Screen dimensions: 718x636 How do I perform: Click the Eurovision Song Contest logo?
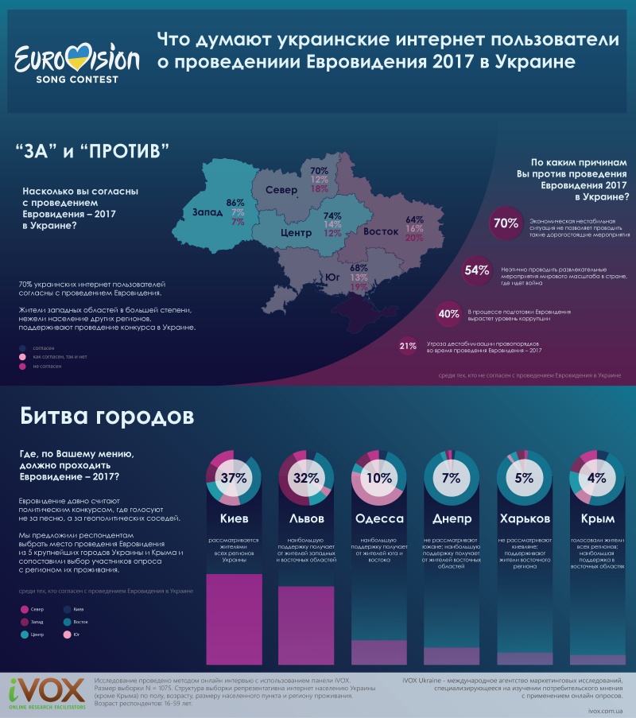tap(77, 62)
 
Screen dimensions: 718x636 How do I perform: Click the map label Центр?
tap(295, 233)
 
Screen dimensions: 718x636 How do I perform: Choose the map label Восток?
tap(381, 232)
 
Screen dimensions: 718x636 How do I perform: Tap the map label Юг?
tap(335, 277)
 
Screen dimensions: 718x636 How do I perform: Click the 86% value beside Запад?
tap(235, 203)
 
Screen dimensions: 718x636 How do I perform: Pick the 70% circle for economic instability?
tap(506, 223)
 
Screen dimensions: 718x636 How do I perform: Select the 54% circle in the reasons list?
tap(476, 270)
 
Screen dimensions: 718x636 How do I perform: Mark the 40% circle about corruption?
tap(448, 313)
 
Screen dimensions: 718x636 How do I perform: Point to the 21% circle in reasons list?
tap(408, 346)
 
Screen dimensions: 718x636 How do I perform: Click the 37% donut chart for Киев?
tap(235, 479)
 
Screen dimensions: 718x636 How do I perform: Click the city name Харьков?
tap(524, 518)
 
